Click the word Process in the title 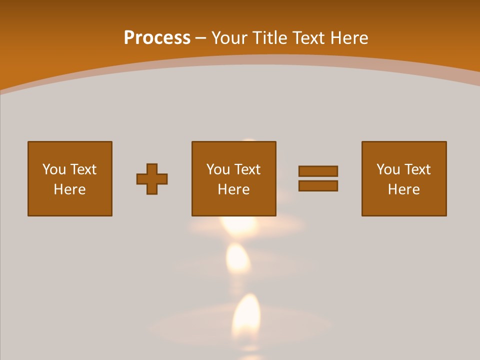(x=157, y=38)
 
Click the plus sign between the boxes (x=152, y=179)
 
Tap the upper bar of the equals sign (x=318, y=171)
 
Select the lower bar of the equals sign (x=318, y=185)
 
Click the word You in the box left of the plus (x=54, y=169)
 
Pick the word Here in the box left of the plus (x=70, y=189)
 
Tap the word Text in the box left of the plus (x=83, y=169)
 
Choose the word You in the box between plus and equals (x=218, y=169)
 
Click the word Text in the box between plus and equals (x=247, y=169)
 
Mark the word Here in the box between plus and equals (x=234, y=189)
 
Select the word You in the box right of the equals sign (x=388, y=169)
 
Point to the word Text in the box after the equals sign (x=417, y=169)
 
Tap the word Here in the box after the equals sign (x=404, y=189)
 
